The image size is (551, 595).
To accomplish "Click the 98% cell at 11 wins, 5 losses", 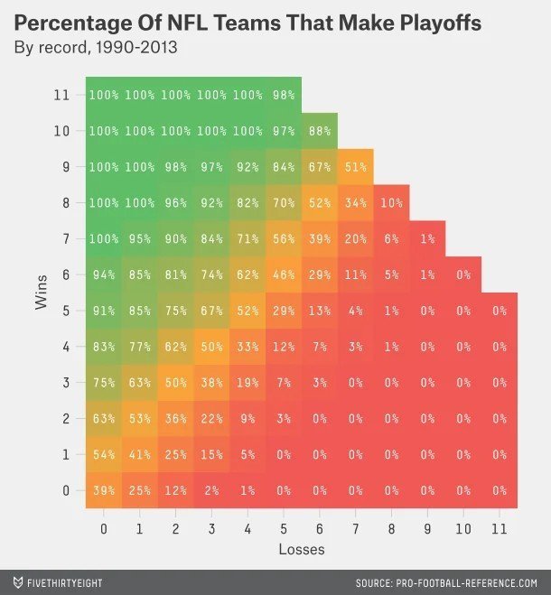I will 283,95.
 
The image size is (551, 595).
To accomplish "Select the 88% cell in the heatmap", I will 319,131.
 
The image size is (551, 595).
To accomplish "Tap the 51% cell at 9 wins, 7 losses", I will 355,167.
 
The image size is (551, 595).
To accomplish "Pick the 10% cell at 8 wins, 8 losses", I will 391,203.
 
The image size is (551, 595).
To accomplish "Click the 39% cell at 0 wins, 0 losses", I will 104,490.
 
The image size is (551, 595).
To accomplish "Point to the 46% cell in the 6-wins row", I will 283,274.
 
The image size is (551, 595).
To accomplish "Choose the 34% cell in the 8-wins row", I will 355,203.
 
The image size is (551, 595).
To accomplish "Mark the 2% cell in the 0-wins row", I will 211,490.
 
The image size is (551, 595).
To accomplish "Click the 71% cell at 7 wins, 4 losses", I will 247,238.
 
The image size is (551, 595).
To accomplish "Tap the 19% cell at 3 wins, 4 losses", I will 247,383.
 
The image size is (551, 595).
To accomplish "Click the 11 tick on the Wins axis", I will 61,95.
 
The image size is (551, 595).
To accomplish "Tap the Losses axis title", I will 301,547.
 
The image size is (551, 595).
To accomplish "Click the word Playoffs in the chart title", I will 433,22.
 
